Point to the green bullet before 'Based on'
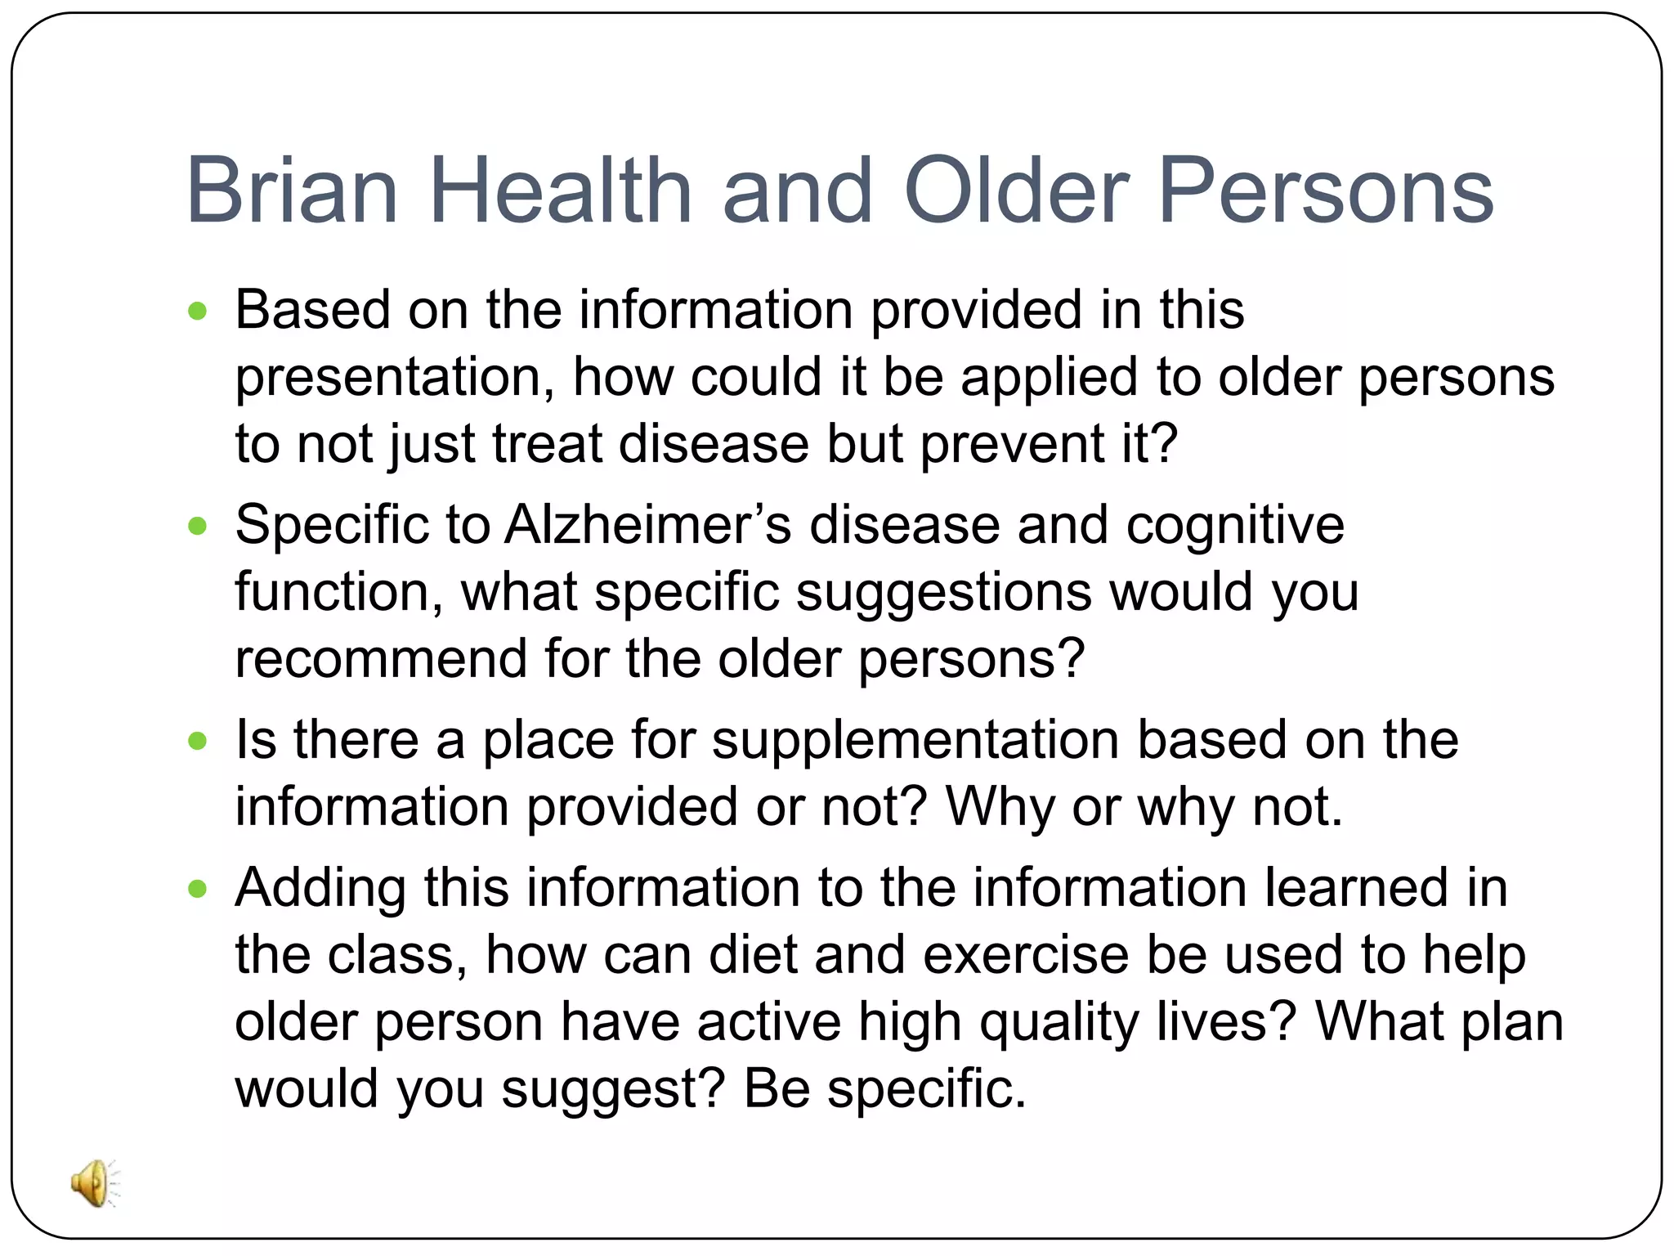click(x=198, y=312)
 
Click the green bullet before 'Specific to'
click(x=198, y=526)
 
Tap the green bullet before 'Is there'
click(x=198, y=741)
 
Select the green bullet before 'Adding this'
click(x=198, y=889)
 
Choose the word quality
click(x=1059, y=1023)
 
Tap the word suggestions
click(x=942, y=592)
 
